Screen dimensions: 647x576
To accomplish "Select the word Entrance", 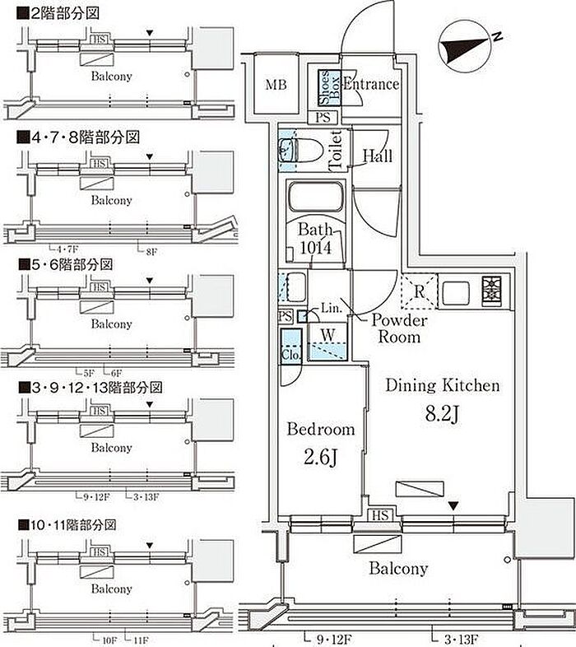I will (x=370, y=84).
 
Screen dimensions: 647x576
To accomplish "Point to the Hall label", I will (x=377, y=156).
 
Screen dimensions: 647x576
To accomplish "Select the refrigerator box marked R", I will (x=419, y=290).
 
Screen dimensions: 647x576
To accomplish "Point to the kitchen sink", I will (x=455, y=290).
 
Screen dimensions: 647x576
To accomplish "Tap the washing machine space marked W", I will (x=327, y=335).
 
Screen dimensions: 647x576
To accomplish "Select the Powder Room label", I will (x=399, y=328).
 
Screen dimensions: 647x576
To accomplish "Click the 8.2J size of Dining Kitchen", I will (x=439, y=412).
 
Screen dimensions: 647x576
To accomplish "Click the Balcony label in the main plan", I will (x=398, y=569).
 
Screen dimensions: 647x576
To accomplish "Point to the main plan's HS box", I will (x=380, y=515).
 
